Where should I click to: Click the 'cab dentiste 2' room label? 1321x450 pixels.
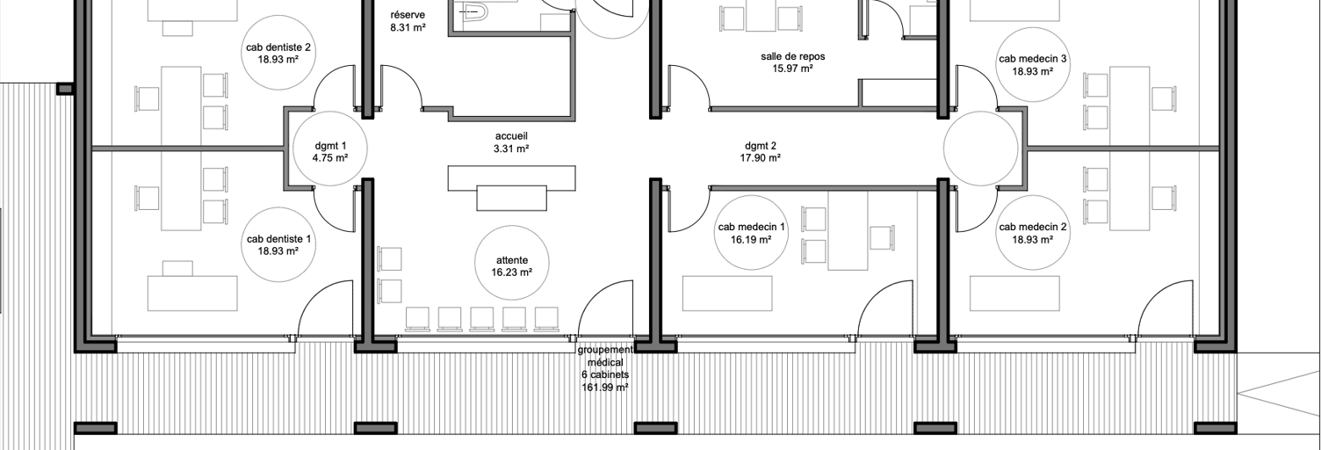278,47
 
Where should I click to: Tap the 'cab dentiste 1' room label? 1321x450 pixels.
278,239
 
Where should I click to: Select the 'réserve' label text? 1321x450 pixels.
408,15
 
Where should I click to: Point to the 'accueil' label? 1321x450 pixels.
511,136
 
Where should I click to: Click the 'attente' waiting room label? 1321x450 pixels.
512,260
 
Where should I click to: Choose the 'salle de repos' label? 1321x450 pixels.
792,56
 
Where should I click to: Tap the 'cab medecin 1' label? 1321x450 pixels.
751,227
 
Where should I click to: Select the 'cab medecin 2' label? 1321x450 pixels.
1033,227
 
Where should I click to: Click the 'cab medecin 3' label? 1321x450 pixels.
1033,59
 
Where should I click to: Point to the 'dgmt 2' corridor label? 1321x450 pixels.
760,146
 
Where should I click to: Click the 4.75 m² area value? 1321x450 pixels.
330,158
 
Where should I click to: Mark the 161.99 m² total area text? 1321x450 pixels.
605,388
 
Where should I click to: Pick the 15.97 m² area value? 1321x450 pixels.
792,69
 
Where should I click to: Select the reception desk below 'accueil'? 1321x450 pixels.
511,187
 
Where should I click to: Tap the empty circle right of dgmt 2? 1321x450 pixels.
980,149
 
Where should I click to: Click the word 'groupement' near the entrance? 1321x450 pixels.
605,350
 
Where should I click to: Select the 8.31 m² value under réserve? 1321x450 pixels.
408,27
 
